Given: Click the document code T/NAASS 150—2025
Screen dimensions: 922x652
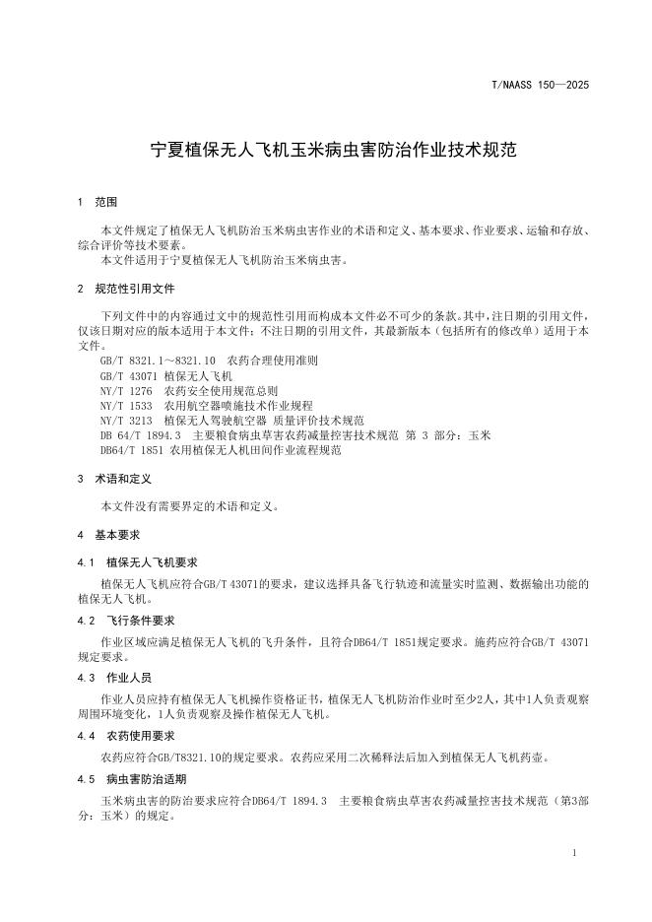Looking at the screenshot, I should pos(539,86).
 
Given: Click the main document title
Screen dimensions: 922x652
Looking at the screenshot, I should pos(326,152).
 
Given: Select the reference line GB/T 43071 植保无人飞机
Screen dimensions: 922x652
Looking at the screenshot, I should pos(166,376).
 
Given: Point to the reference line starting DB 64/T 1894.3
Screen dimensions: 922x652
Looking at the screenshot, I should pos(294,434).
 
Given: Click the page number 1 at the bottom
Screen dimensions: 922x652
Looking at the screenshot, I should pos(573,851).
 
